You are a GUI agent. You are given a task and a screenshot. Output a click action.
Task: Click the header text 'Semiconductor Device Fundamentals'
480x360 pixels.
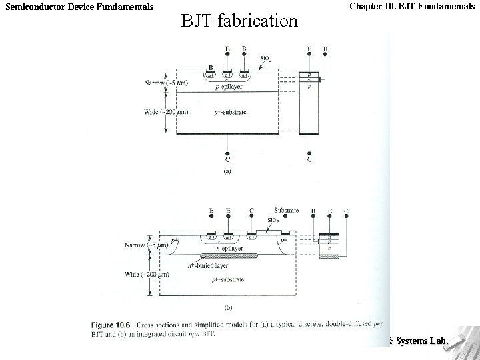coord(79,7)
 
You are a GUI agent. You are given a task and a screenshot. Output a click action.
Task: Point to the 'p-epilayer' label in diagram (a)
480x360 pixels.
coord(229,87)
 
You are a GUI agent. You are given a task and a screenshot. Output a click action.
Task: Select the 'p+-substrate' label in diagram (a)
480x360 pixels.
coord(228,112)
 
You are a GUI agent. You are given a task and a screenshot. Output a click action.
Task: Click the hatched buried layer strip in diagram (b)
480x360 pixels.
coord(230,255)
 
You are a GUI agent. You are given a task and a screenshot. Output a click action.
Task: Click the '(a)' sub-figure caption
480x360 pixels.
coord(227,171)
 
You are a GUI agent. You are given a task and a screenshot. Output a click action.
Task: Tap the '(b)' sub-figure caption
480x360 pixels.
coord(229,308)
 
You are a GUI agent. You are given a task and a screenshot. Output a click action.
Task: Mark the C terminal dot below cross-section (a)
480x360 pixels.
coord(228,151)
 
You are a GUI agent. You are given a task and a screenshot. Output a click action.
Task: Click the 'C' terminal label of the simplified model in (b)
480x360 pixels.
coord(346,211)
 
